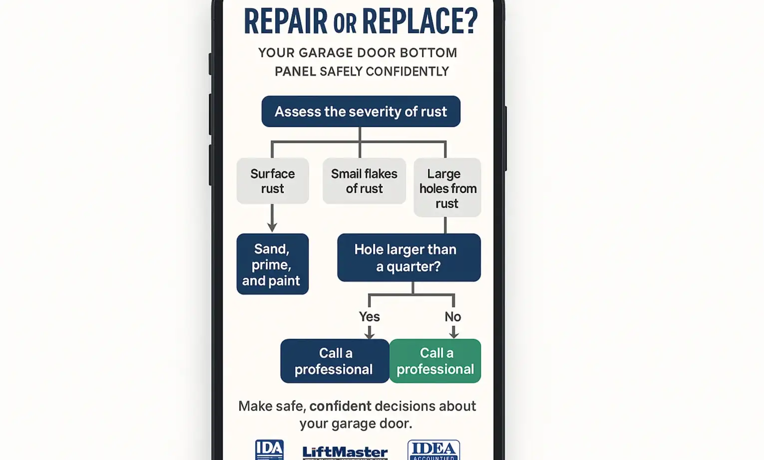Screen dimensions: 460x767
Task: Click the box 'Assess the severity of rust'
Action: pyautogui.click(x=361, y=111)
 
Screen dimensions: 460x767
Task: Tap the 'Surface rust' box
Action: pyautogui.click(x=273, y=181)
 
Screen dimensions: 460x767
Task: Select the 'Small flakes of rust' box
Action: pyautogui.click(x=364, y=181)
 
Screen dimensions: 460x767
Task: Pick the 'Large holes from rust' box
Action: pyautogui.click(x=447, y=188)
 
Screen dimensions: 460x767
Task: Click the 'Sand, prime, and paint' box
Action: pyautogui.click(x=272, y=264)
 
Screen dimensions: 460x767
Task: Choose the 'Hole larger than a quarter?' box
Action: pyautogui.click(x=408, y=258)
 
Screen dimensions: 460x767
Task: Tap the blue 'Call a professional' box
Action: pyautogui.click(x=335, y=361)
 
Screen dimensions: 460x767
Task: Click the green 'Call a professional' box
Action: pyautogui.click(x=435, y=361)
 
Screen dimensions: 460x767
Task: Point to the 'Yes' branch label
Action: pyautogui.click(x=369, y=317)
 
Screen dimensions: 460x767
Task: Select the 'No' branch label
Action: pyautogui.click(x=453, y=317)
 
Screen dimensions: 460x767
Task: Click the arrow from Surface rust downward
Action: pyautogui.click(x=272, y=218)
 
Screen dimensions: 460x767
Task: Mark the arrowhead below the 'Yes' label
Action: pyautogui.click(x=369, y=334)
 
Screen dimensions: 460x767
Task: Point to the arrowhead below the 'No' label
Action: pyautogui.click(x=453, y=334)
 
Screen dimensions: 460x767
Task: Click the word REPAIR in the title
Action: pyautogui.click(x=286, y=22)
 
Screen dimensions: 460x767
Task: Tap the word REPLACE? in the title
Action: pyautogui.click(x=419, y=22)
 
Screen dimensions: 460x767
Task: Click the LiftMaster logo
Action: pyautogui.click(x=345, y=453)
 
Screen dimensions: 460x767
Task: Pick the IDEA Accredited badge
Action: pyautogui.click(x=433, y=450)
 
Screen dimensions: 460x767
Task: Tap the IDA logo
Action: pyautogui.click(x=269, y=450)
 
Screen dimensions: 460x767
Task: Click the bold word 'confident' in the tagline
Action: pyautogui.click(x=340, y=406)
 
